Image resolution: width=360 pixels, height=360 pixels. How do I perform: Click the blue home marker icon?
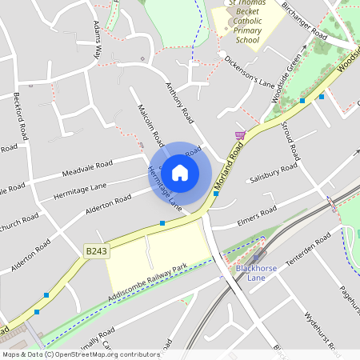[x=180, y=172]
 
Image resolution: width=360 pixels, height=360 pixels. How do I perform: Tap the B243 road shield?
[x=95, y=251]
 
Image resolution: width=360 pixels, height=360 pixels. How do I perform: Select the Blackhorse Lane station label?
[x=256, y=273]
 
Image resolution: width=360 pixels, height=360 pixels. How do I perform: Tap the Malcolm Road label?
[x=150, y=126]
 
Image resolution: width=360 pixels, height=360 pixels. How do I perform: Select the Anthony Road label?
[x=180, y=102]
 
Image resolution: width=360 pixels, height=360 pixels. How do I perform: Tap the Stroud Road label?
[x=290, y=140]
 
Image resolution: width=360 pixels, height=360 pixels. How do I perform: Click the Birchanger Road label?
[x=304, y=25]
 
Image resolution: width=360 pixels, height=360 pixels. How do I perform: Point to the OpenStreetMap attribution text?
[x=80, y=354]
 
